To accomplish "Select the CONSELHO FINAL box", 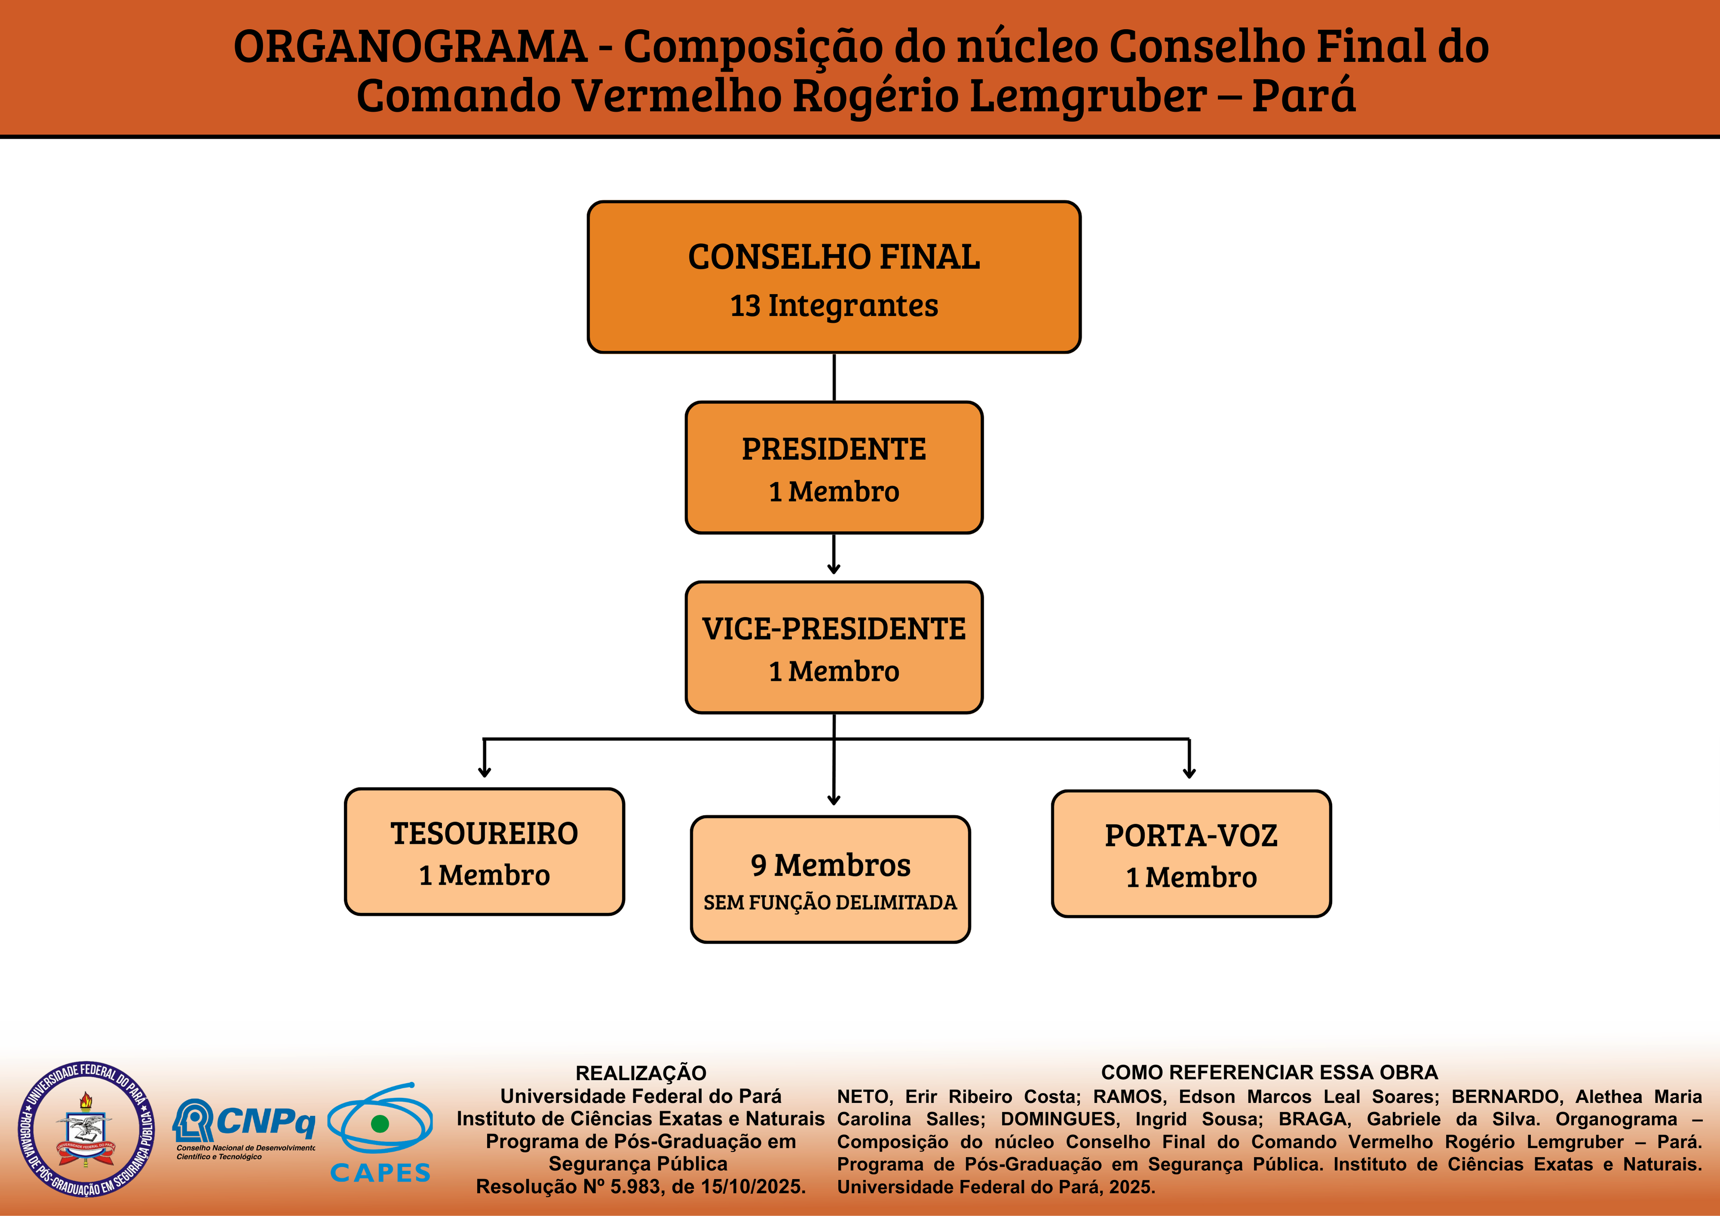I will (834, 277).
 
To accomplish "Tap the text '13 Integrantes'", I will (834, 306).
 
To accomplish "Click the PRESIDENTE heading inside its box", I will (834, 449).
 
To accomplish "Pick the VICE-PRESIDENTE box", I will (834, 646).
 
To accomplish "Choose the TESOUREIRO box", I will (484, 851).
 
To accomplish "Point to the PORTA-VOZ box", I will (1191, 853).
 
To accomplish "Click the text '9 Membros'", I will (831, 865).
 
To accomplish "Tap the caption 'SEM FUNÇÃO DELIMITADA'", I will (830, 903).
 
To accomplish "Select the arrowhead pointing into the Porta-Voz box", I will (1189, 773).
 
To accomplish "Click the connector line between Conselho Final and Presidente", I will (834, 377).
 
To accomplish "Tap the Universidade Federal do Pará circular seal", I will (86, 1128).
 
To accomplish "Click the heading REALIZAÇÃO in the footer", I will (641, 1073).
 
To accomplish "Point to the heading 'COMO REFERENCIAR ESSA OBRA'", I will (1269, 1072).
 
